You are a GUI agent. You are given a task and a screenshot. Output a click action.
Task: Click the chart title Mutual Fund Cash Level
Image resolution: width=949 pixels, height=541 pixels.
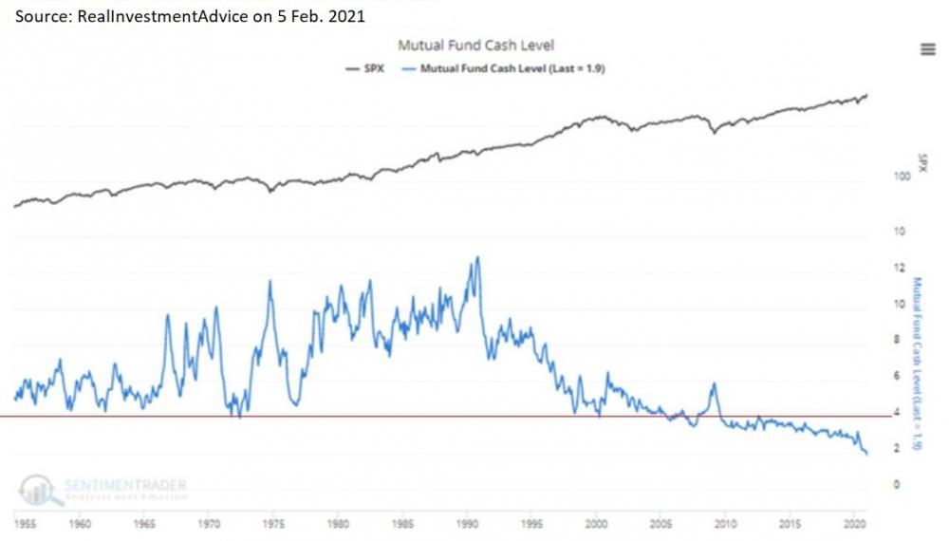point(475,45)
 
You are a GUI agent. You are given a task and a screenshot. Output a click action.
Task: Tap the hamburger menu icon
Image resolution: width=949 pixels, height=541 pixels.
point(927,49)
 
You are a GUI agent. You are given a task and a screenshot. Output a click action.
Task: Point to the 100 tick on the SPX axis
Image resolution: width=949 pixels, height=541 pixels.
point(897,177)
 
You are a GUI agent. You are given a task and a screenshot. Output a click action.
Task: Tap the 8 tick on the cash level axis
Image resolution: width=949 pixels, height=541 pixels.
point(897,340)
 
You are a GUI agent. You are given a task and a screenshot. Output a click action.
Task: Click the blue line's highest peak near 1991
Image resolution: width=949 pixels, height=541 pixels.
point(476,258)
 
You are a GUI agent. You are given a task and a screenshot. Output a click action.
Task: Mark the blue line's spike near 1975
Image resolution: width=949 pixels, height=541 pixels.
point(270,282)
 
